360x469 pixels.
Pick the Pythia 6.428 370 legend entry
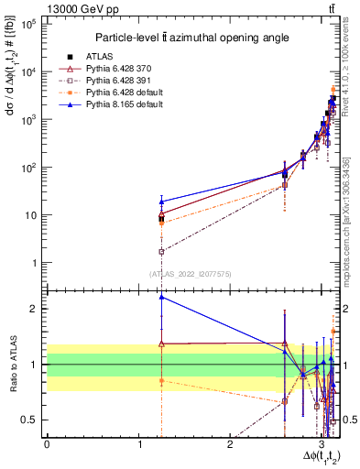point(124,69)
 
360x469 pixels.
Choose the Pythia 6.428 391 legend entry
point(124,81)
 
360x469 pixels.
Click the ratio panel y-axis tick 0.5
point(32,420)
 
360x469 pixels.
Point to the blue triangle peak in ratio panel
point(161,297)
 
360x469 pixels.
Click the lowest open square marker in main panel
point(161,251)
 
